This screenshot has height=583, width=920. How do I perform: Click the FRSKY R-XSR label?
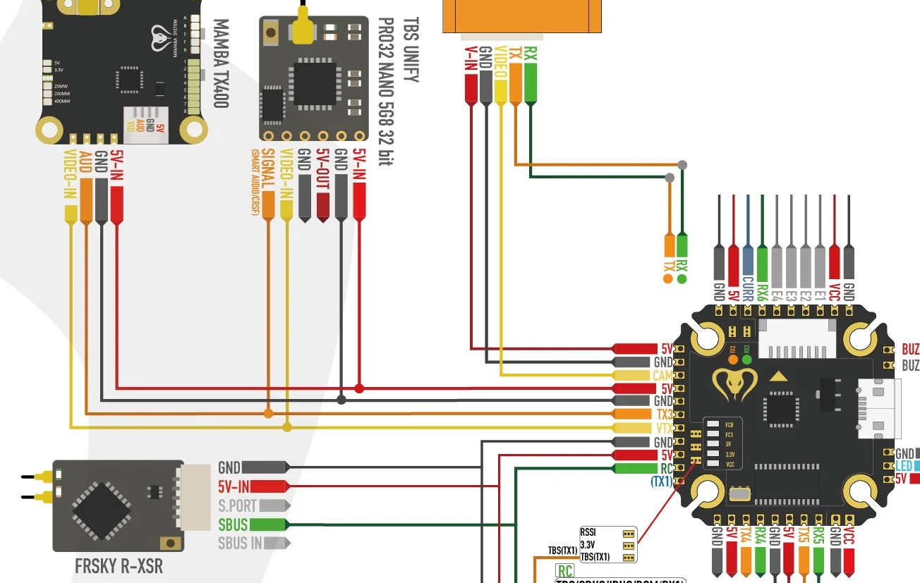pos(119,566)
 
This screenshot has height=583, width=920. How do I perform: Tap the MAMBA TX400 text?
pos(220,63)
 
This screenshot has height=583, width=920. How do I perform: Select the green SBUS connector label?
pos(234,524)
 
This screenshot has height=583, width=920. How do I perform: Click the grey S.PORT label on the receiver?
pos(237,505)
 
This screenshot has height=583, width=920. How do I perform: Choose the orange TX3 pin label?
pos(664,415)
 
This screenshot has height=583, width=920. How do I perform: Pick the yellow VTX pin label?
pos(663,428)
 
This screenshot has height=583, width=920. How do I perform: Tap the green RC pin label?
pos(666,468)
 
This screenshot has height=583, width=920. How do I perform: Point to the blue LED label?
pos(904,466)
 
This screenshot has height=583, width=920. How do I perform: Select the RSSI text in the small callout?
pos(588,533)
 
